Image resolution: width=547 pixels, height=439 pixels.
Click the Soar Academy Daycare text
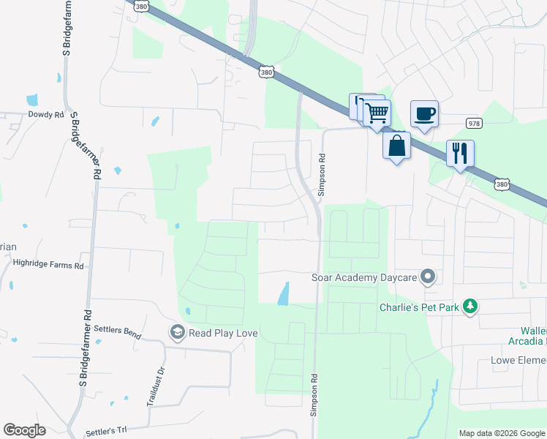[x=363, y=277]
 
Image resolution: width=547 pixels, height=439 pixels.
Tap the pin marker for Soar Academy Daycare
[x=428, y=277]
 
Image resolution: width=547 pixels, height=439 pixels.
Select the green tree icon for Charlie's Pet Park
[x=472, y=307]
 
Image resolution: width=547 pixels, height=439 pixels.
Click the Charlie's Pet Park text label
[x=418, y=307]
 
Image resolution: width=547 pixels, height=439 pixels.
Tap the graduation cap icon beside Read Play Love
[x=176, y=333]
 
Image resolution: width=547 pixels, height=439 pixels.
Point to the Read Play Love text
[x=223, y=334]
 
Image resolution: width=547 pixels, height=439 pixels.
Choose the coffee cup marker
[x=424, y=113]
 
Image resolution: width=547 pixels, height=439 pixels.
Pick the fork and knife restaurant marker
[x=460, y=153]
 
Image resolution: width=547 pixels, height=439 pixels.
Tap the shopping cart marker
[x=377, y=113]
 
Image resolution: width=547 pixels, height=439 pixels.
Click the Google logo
[x=24, y=430]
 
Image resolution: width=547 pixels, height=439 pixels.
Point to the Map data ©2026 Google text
[x=501, y=433]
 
